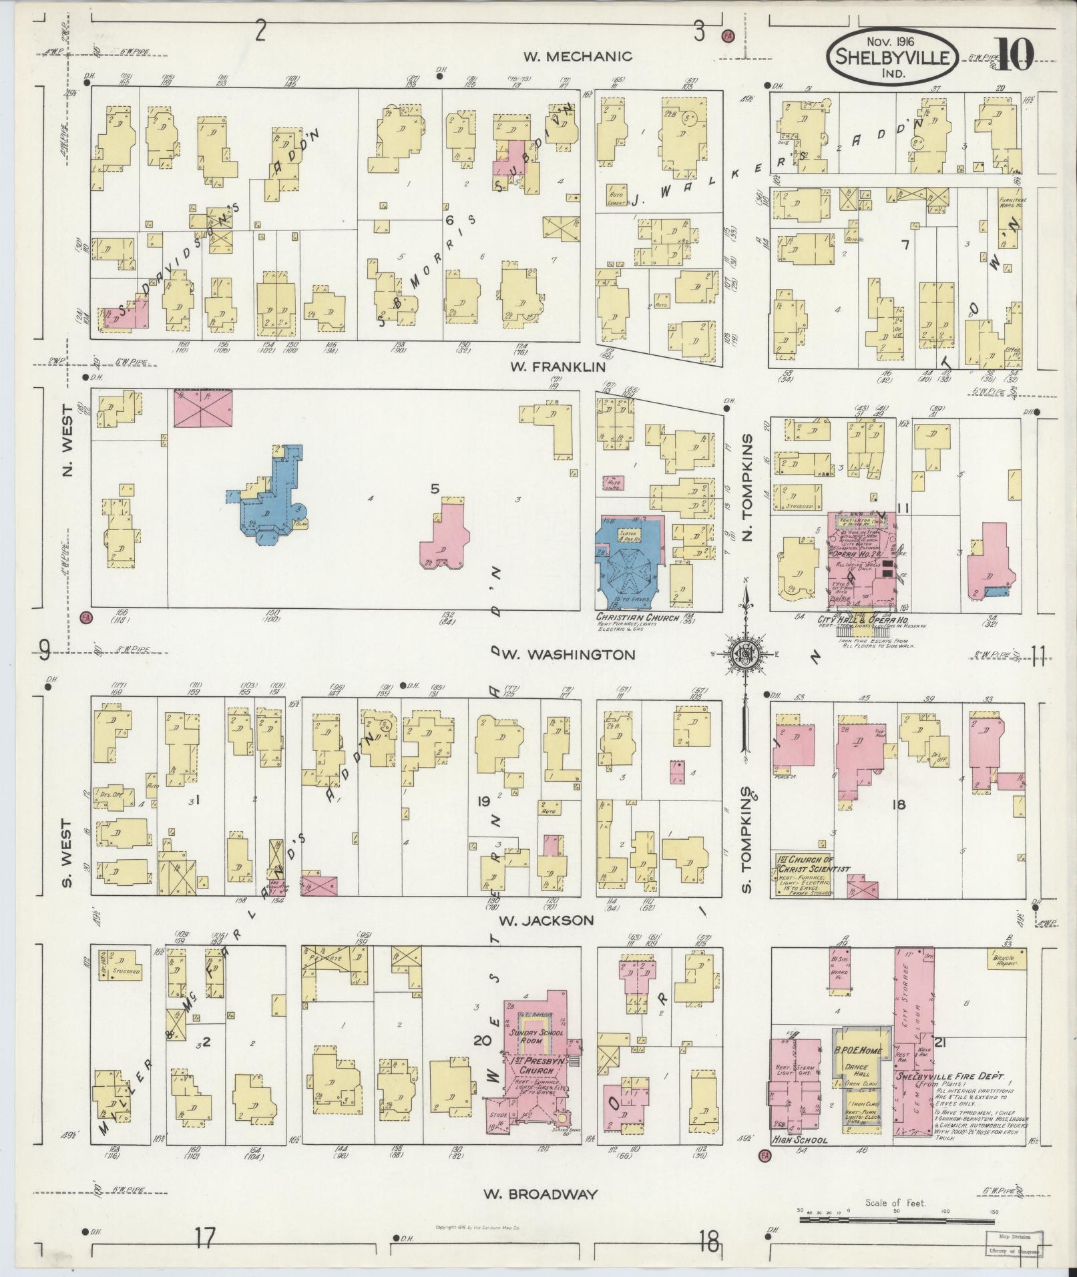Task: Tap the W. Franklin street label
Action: [558, 367]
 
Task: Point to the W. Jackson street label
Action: [546, 921]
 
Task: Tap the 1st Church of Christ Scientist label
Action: [813, 864]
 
